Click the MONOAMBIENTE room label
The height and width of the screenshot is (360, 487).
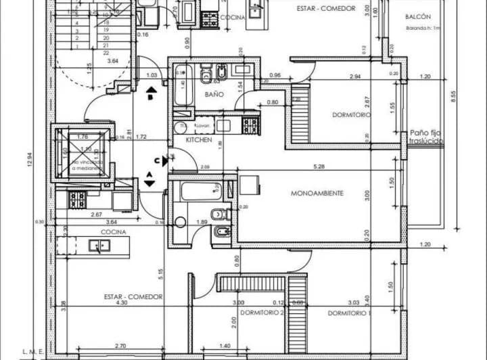coord(317,194)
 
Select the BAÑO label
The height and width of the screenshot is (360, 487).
coord(214,95)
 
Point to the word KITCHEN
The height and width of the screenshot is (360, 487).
coord(200,140)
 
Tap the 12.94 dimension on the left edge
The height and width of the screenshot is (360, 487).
coord(30,162)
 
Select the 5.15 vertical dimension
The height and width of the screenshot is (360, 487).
coord(160,274)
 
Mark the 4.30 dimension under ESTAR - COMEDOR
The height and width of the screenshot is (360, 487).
coord(122,303)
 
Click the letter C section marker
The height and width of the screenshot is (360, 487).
coord(156,160)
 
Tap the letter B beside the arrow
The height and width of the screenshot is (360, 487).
coord(151,97)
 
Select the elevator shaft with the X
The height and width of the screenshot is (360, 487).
coord(82,152)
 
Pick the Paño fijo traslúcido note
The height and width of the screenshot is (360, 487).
coord(426,137)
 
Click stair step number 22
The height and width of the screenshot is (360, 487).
coord(106,52)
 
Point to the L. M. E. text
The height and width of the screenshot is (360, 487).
coord(32,352)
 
